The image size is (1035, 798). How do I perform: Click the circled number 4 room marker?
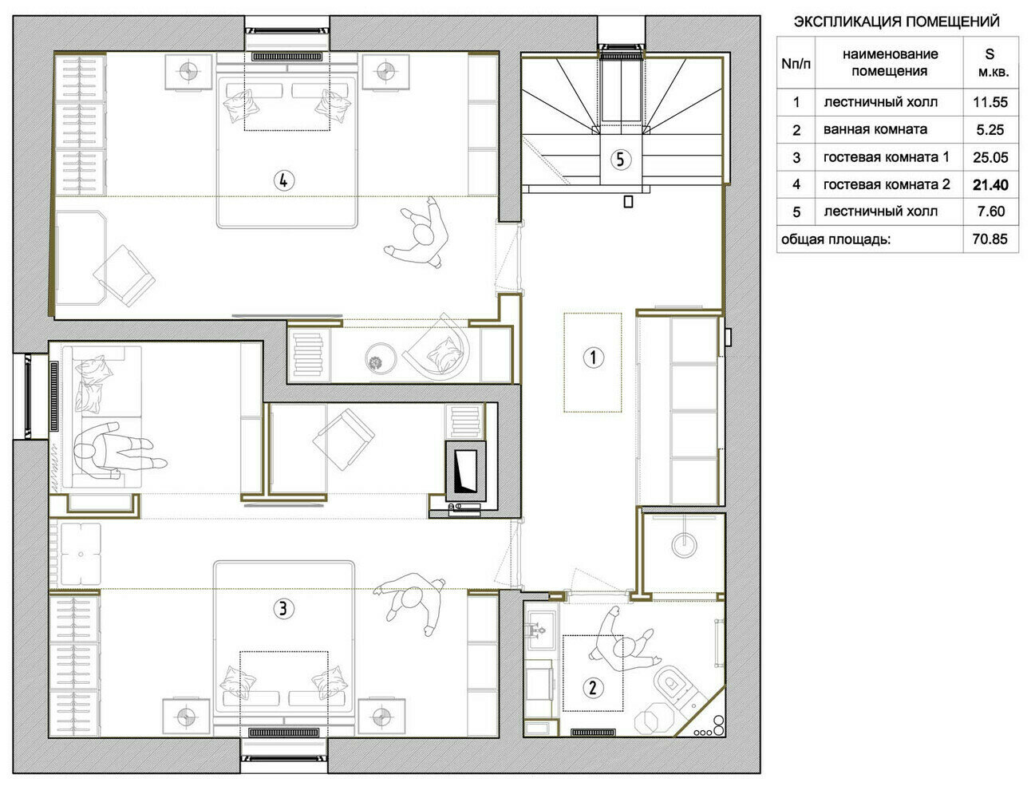point(284,180)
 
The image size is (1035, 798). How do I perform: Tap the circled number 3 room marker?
point(283,609)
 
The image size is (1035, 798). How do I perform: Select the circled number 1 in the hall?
point(593,357)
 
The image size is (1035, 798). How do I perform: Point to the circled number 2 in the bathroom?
point(593,688)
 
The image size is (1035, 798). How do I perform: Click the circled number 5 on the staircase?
point(621,159)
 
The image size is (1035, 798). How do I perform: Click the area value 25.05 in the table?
point(990,157)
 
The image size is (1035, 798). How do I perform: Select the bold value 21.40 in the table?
point(990,185)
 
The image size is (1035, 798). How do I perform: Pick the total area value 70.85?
point(990,239)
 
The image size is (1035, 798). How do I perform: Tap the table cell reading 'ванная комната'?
point(875,129)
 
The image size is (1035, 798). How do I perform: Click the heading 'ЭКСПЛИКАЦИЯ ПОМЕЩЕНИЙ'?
point(896,22)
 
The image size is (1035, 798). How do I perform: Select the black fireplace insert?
point(466,472)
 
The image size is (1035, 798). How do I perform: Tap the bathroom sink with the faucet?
point(540,630)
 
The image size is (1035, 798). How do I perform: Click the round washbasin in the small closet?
point(685,543)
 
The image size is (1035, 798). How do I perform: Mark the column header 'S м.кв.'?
point(990,63)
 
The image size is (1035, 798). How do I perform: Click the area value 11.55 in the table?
point(990,102)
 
